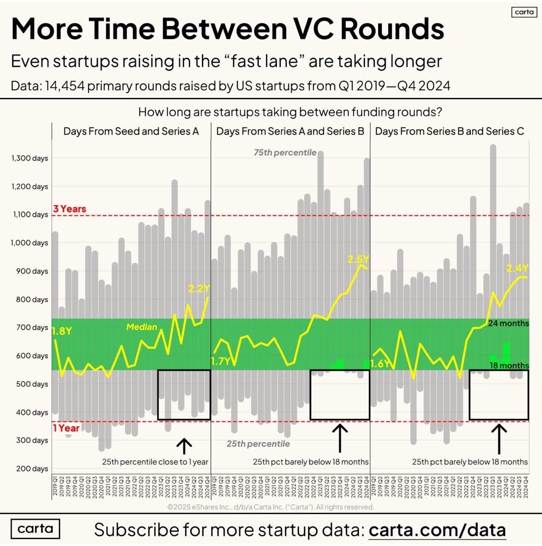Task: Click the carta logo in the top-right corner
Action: click(x=524, y=12)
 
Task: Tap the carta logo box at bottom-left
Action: click(x=35, y=528)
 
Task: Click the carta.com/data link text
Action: click(x=437, y=530)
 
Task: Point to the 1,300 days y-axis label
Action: click(x=30, y=158)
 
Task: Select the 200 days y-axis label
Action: click(x=32, y=469)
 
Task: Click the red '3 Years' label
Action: click(x=69, y=209)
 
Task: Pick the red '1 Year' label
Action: click(x=66, y=428)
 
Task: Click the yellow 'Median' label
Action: click(x=142, y=327)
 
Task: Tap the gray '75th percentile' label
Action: click(x=285, y=153)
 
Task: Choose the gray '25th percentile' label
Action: click(x=258, y=444)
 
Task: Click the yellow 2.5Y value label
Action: click(x=358, y=259)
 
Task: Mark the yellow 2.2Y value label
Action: click(x=199, y=289)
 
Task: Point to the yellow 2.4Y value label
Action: click(x=517, y=268)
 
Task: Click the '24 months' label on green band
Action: click(x=508, y=323)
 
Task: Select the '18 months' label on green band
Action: click(x=509, y=365)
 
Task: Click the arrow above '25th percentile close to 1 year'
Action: click(x=184, y=446)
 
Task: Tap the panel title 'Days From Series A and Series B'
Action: click(x=290, y=131)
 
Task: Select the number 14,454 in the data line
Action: click(x=64, y=85)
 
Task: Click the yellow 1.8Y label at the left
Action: click(x=62, y=331)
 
